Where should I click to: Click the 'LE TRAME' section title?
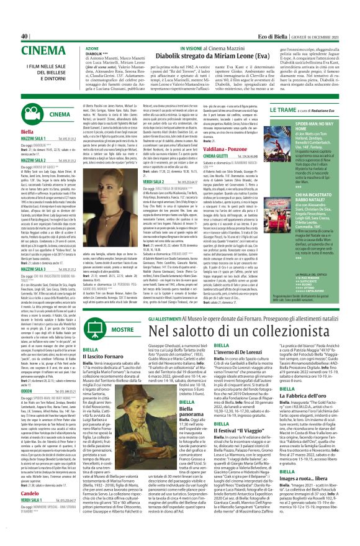click(283, 110)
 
